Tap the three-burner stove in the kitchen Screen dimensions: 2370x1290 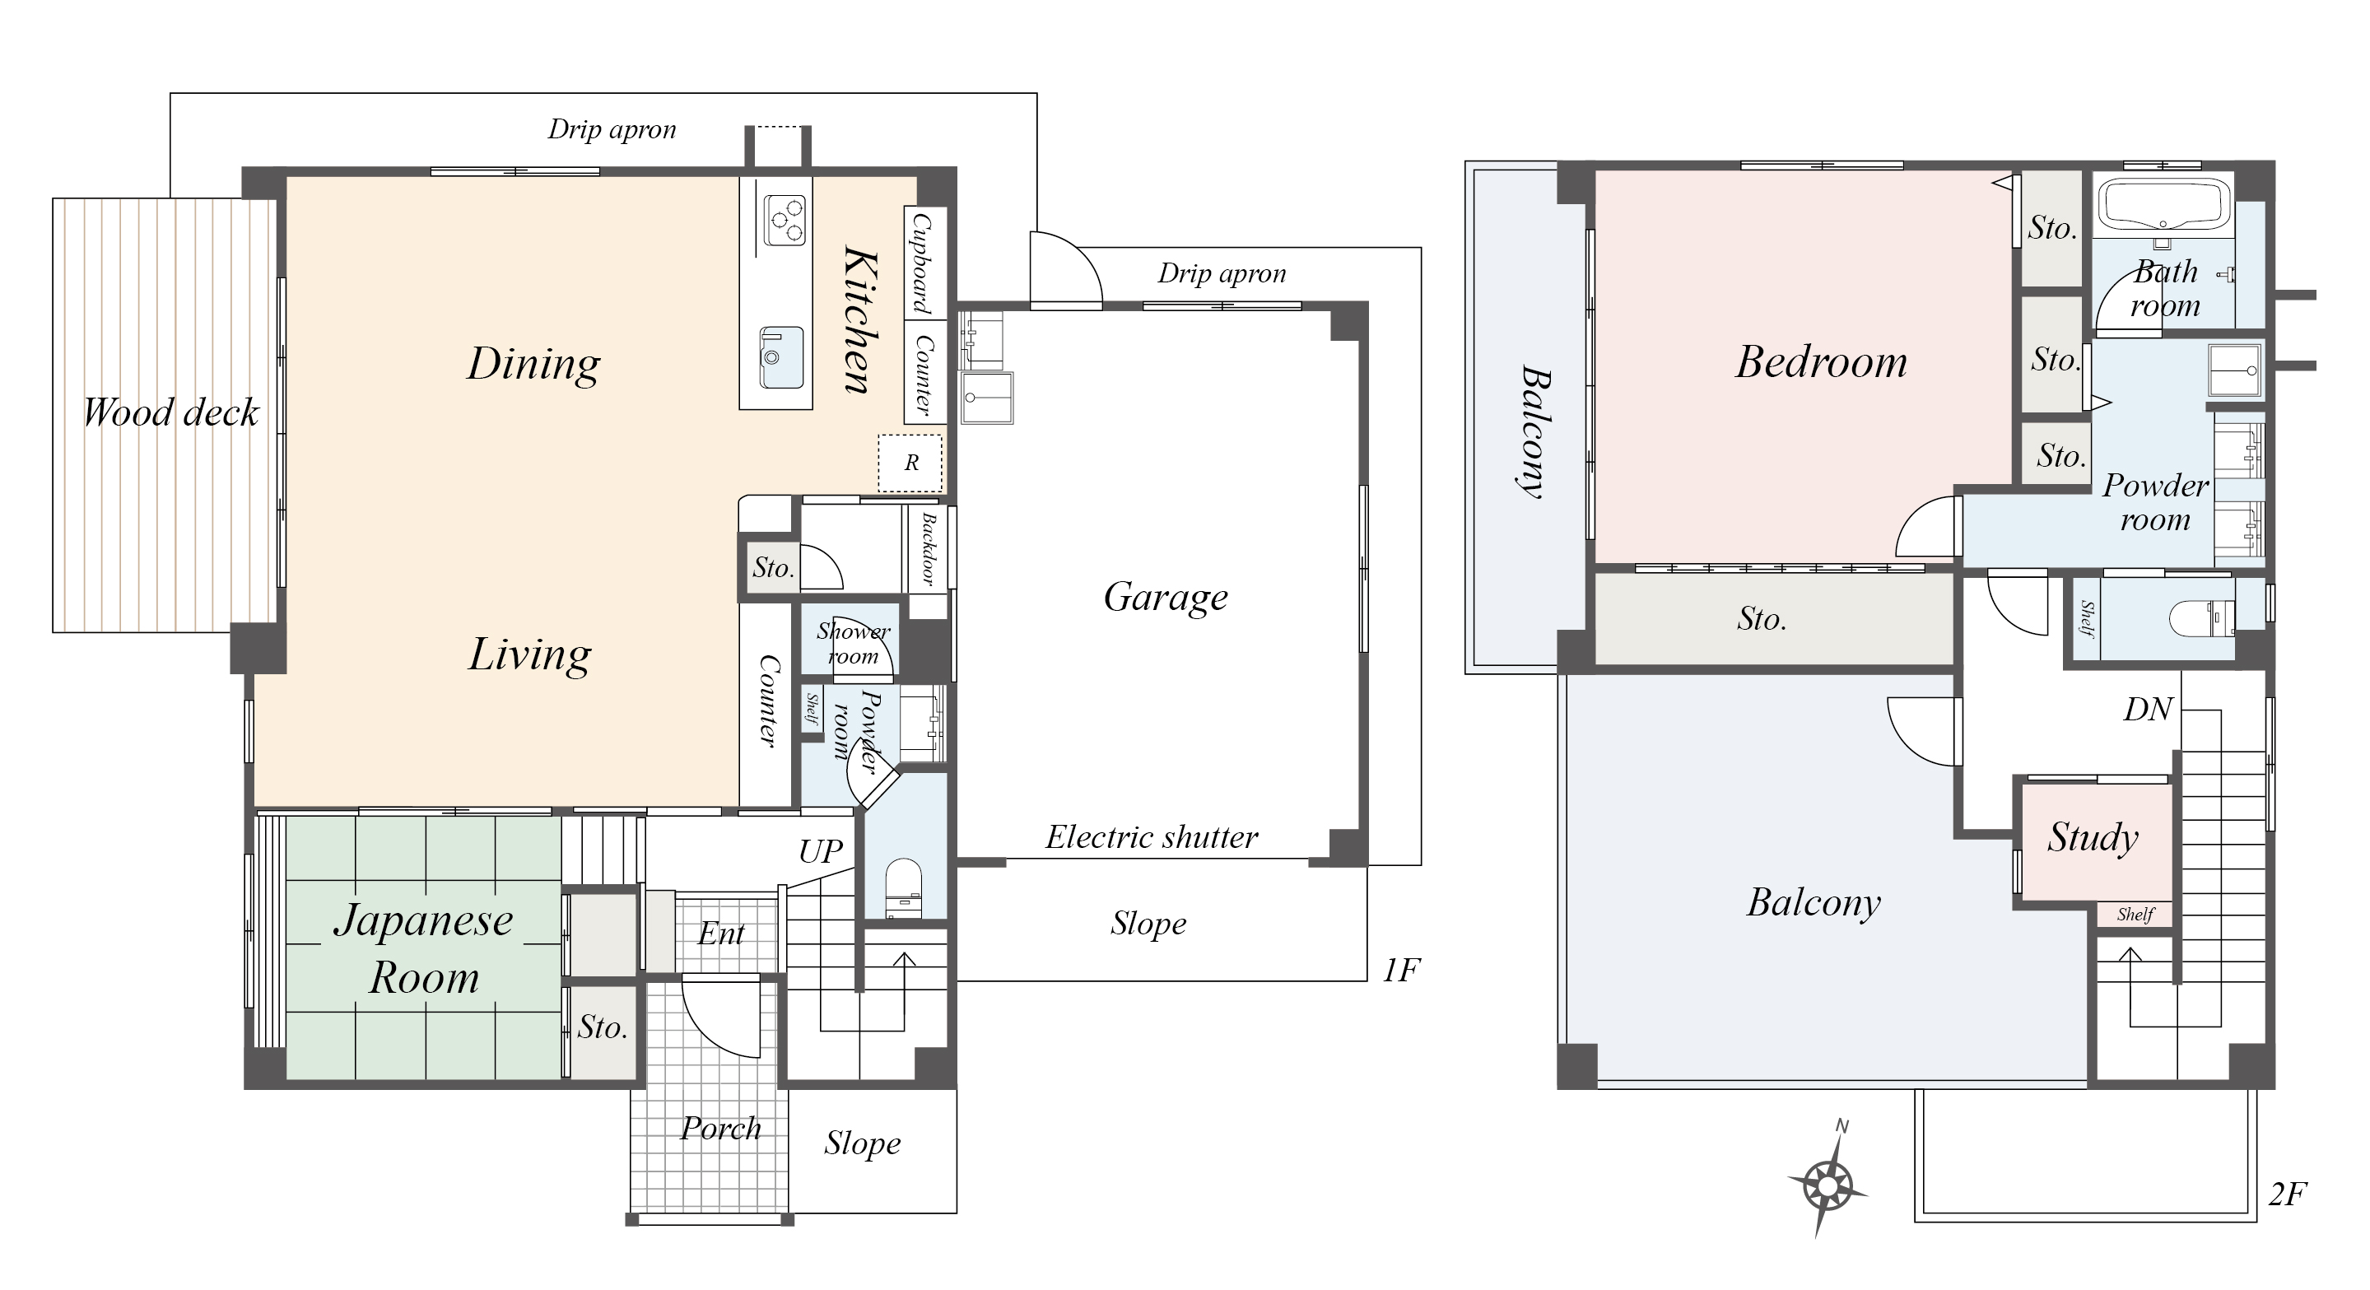tap(785, 221)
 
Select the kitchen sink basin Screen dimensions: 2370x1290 tap(781, 357)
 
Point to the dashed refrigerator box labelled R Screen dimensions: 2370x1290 tap(910, 463)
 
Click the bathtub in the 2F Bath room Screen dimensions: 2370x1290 tap(2161, 206)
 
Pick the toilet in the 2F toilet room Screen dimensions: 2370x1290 tap(2203, 617)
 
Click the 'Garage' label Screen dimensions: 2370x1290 tap(1166, 598)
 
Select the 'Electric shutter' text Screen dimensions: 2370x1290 tap(1152, 837)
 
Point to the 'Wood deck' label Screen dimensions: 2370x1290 tap(171, 412)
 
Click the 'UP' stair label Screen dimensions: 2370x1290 tap(820, 851)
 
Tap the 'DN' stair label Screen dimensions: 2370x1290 tap(2149, 710)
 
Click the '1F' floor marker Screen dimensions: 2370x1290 tap(1401, 970)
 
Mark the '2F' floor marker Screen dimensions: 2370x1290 tap(2287, 1195)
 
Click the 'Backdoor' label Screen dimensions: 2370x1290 tap(928, 549)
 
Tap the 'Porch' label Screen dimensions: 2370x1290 tap(720, 1128)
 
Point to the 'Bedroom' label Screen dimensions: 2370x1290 tap(1822, 361)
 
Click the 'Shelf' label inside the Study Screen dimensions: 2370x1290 tap(2135, 915)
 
